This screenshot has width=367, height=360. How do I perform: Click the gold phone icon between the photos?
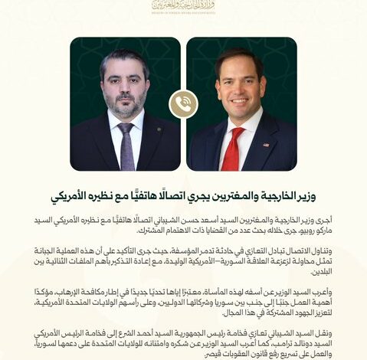pos(183,104)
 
